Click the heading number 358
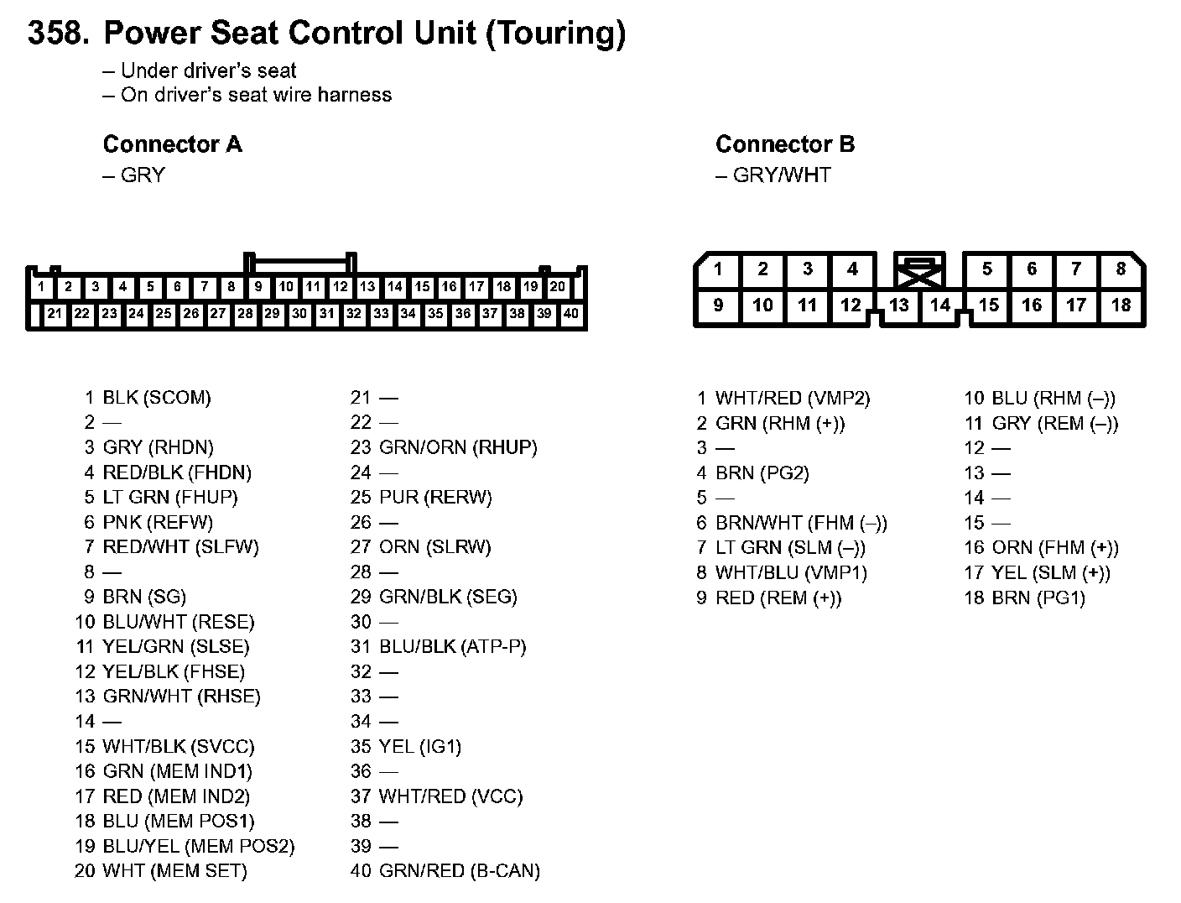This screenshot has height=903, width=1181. click(58, 34)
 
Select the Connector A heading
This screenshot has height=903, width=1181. click(172, 144)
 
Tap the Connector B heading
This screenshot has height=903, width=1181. click(785, 144)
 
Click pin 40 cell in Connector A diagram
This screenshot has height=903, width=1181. click(570, 314)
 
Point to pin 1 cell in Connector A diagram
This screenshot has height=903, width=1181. click(41, 287)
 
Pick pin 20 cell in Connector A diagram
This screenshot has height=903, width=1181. click(557, 287)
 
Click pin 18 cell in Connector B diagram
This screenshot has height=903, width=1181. click(1121, 305)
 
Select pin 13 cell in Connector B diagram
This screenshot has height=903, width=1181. click(898, 305)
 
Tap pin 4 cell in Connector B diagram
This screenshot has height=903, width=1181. click(852, 269)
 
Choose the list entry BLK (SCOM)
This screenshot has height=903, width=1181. click(156, 398)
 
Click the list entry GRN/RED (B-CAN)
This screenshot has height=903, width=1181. click(459, 871)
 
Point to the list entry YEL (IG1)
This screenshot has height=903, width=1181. click(419, 747)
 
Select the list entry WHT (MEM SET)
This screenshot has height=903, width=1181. click(174, 871)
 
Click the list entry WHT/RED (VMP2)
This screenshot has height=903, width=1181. click(792, 399)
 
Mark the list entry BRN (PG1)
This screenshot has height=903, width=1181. click(1038, 598)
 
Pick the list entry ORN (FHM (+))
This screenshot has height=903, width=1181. click(1054, 548)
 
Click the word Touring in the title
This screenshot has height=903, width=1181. click(556, 34)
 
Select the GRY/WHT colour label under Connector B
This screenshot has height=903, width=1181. click(781, 175)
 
